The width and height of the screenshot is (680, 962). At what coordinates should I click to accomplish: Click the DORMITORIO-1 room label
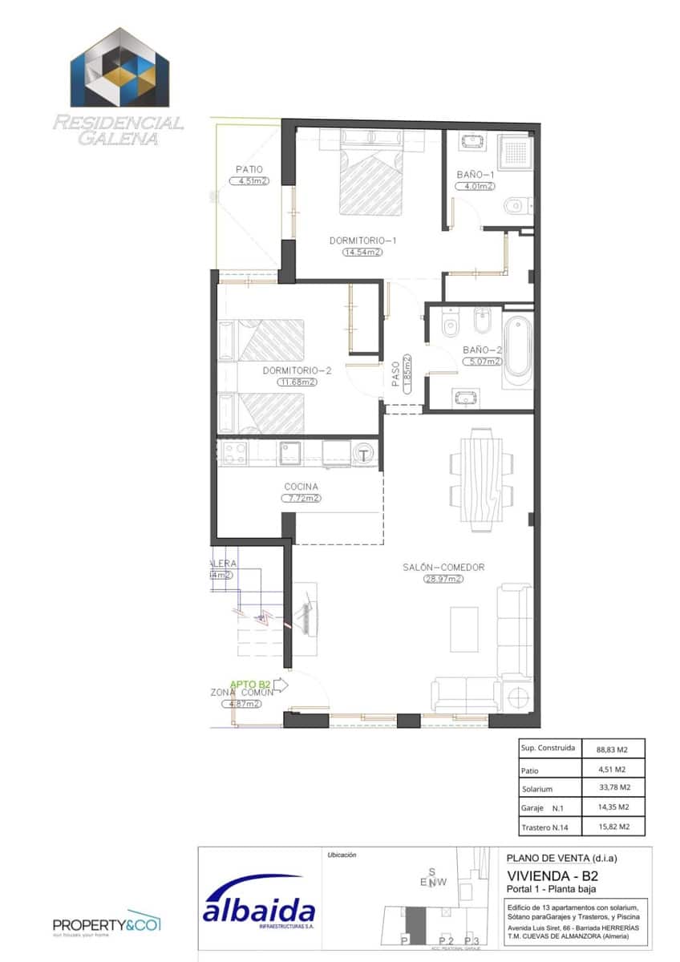pos(363,240)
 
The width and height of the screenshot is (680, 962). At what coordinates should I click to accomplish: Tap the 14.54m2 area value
pos(362,252)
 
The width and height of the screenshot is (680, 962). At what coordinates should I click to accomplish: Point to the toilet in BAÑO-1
pos(516,208)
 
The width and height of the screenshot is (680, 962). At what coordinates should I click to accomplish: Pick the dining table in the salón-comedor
pos(482,480)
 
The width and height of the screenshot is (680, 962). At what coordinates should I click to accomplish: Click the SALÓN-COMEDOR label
pos(443,568)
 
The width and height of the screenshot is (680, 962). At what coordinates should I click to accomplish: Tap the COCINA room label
pos(301,487)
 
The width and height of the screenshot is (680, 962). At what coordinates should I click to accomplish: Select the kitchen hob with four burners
pos(233,454)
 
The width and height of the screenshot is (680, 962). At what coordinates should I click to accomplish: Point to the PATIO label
pos(249,170)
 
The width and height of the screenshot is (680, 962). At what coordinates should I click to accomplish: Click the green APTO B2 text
pos(251,684)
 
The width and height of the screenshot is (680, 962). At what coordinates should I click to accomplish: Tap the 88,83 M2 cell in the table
pos(611,750)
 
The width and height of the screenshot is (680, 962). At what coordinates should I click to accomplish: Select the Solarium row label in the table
pos(537,789)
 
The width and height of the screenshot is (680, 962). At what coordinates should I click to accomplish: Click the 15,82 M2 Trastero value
pos(611,827)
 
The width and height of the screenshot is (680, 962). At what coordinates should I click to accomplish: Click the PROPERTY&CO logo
pos(107,924)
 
